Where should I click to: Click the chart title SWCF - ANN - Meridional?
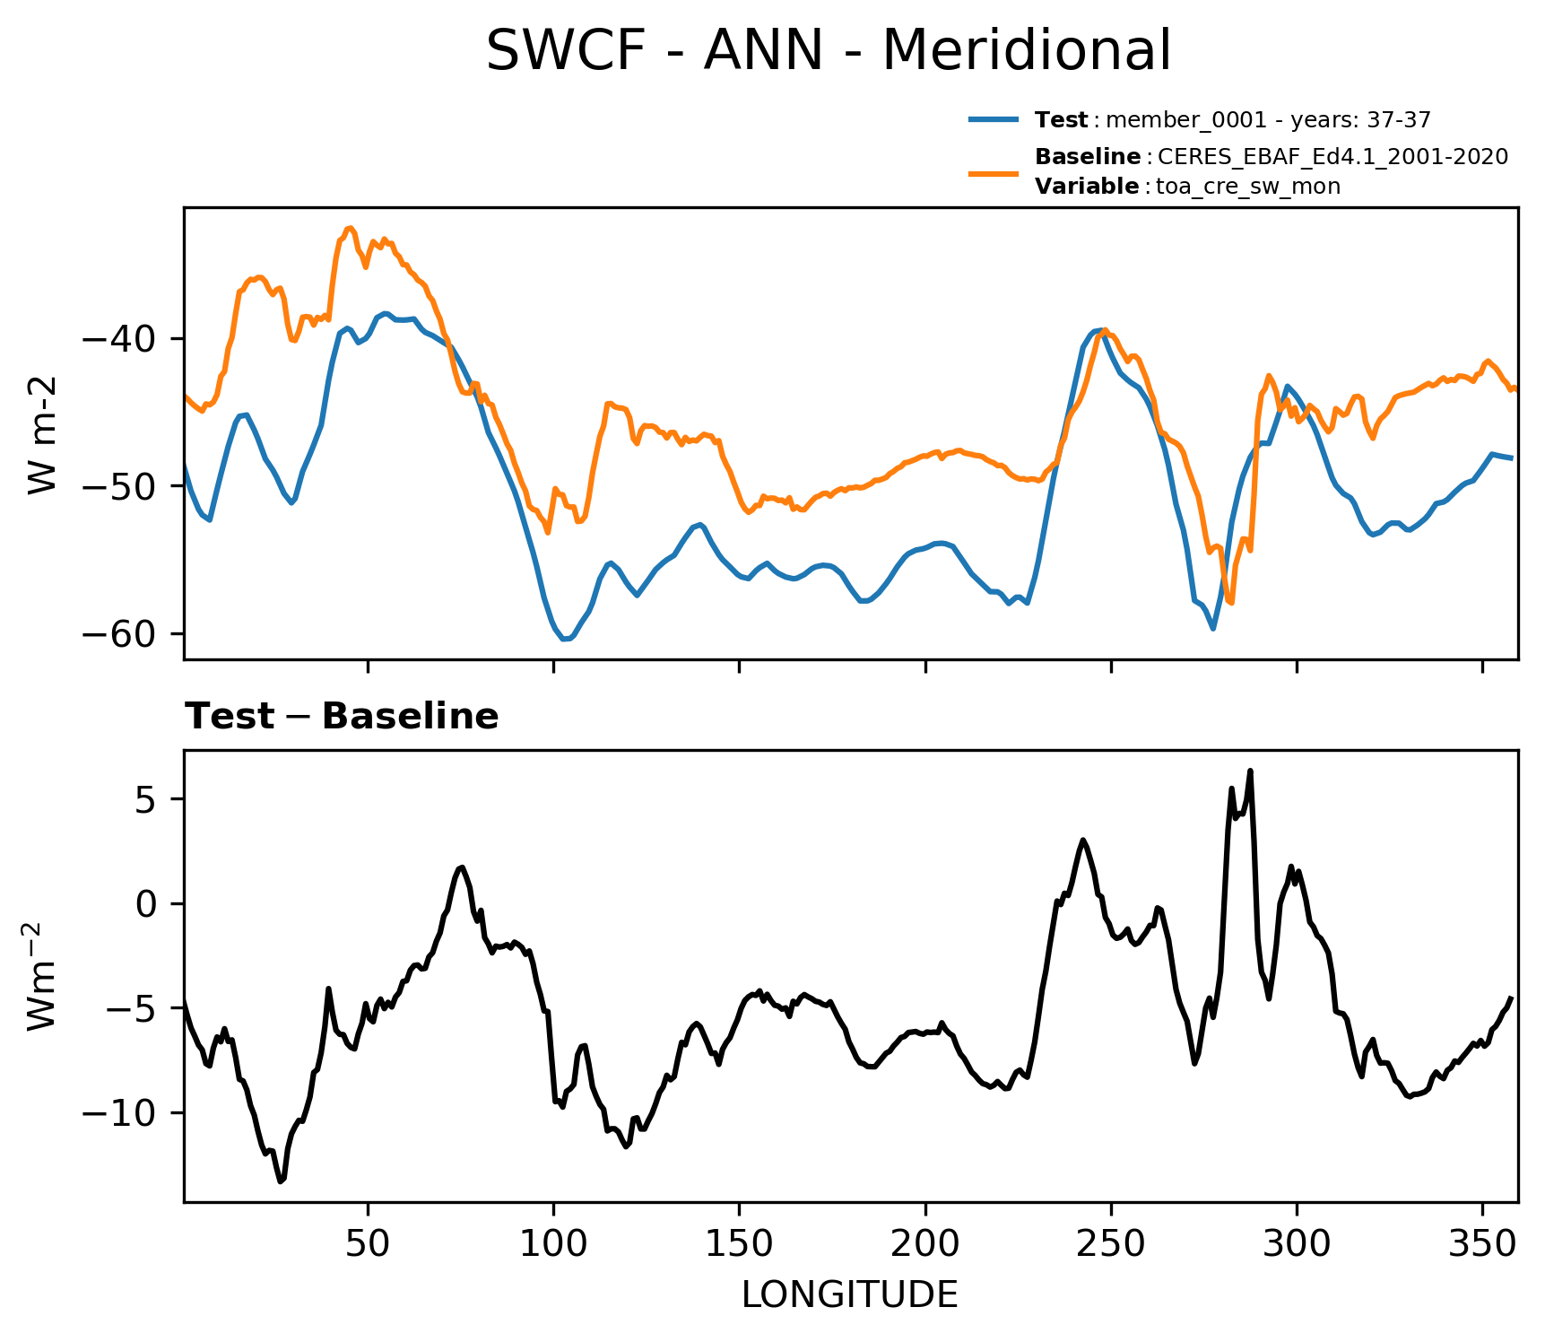[x=828, y=51]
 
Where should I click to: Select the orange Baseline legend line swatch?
[x=994, y=171]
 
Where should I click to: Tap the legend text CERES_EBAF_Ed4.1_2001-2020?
[x=1332, y=157]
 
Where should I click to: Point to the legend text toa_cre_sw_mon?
[x=1248, y=187]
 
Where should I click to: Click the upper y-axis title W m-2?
[x=42, y=434]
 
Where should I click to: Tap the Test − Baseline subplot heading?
[x=342, y=717]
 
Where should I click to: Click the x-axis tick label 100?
[x=553, y=1243]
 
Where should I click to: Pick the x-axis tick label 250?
[x=1111, y=1243]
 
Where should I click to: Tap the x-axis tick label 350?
[x=1482, y=1243]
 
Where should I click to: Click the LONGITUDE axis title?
[x=850, y=1295]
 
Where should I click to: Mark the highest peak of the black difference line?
[x=1250, y=771]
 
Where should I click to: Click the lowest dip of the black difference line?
[x=281, y=1181]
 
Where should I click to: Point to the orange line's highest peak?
[x=350, y=228]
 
